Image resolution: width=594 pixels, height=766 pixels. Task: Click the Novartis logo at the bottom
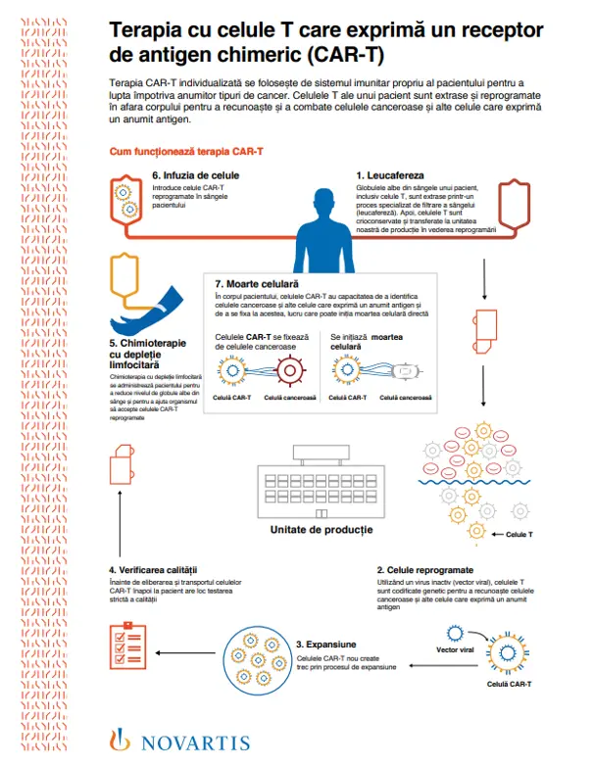[x=181, y=742]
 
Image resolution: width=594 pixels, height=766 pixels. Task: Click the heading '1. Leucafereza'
[x=390, y=174]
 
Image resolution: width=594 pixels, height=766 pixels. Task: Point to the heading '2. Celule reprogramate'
[x=426, y=569]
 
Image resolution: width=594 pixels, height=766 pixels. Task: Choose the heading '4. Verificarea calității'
[x=154, y=569]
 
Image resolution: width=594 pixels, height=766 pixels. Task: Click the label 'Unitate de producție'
[x=322, y=529]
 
